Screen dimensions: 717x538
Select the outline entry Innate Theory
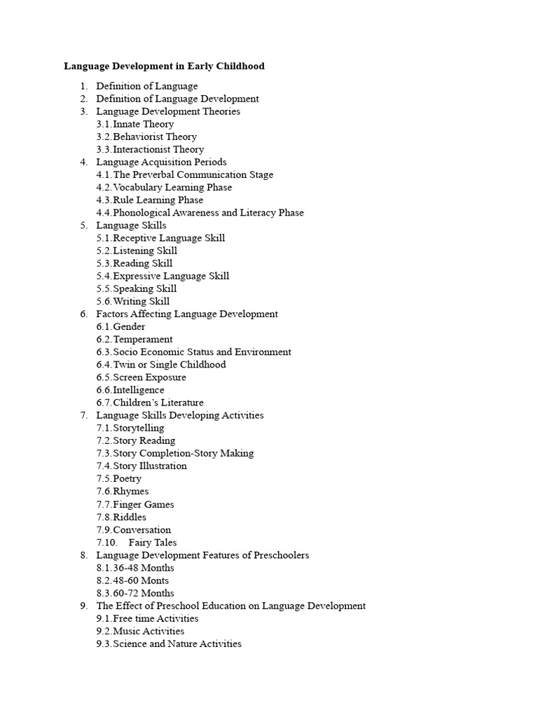tap(143, 124)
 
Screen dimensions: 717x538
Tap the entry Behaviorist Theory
tap(155, 137)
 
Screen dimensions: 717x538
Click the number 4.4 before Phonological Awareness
tap(104, 213)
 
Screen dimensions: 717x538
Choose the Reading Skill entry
tap(142, 263)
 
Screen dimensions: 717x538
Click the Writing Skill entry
tap(141, 302)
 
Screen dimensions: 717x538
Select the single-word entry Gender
tap(129, 327)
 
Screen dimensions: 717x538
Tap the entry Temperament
tap(142, 340)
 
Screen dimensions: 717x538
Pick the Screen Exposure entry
tap(149, 377)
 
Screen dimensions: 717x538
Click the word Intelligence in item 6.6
tap(139, 390)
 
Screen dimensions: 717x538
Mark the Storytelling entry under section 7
tap(139, 428)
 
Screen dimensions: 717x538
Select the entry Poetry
tap(127, 479)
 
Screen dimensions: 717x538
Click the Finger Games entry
tap(143, 504)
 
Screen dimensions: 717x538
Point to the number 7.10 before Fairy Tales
tap(106, 543)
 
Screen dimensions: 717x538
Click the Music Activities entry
tap(149, 632)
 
